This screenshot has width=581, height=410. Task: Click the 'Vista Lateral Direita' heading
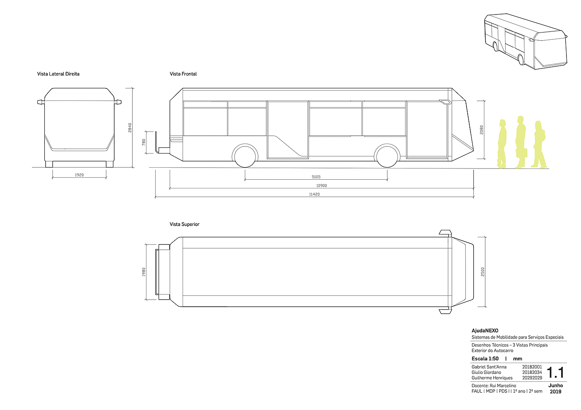[58, 74]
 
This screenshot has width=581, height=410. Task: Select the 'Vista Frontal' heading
[183, 74]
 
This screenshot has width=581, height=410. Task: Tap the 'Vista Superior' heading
[184, 225]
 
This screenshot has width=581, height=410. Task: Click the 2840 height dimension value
[130, 127]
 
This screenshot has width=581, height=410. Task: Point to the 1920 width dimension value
[79, 175]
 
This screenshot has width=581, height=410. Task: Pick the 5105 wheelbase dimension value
[316, 177]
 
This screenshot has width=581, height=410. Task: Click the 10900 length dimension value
[321, 186]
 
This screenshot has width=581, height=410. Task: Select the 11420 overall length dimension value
[314, 194]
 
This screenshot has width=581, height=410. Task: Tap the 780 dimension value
[144, 142]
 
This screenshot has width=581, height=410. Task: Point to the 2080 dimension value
[482, 129]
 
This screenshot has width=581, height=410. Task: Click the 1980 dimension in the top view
[144, 272]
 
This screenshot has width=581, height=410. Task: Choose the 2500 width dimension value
[483, 272]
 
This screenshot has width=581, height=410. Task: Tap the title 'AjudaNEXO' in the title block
[485, 331]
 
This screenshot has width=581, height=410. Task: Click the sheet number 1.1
[555, 373]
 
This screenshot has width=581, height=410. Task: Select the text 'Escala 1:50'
[485, 359]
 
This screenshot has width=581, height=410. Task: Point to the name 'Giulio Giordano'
[486, 372]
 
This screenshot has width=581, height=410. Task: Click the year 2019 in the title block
[555, 391]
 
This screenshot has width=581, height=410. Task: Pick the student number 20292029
[532, 378]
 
